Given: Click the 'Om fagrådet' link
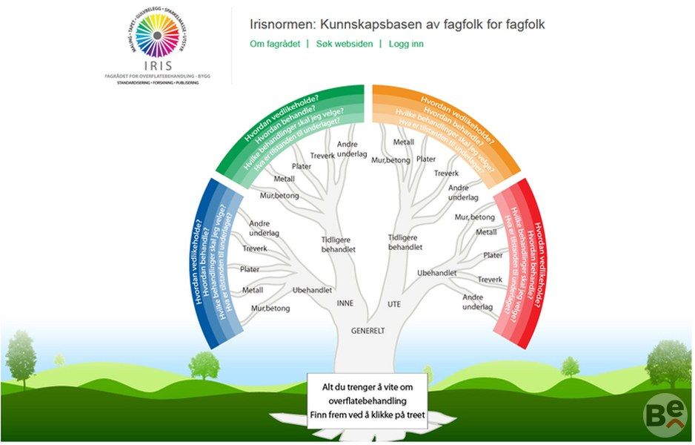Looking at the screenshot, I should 275,44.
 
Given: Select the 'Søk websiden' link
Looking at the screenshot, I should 344,44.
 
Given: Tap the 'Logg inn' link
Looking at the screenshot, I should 406,44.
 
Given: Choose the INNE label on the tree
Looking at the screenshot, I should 345,303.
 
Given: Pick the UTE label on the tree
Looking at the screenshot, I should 393,304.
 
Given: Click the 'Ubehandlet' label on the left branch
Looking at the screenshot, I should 312,290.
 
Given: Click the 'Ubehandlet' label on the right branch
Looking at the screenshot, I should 436,273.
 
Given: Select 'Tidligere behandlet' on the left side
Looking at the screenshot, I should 338,245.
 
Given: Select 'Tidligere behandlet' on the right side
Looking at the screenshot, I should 405,242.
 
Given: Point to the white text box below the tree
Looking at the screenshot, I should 367,401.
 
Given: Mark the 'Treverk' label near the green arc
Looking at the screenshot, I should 323,155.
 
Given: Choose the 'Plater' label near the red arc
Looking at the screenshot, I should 493,255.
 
